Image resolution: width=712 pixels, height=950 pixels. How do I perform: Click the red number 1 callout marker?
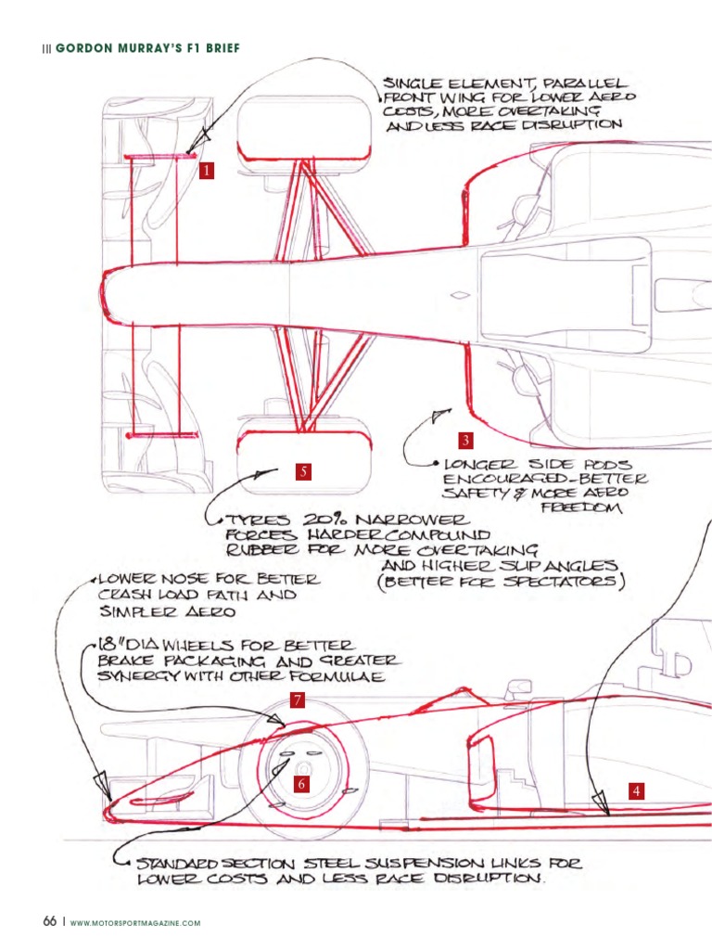tap(207, 171)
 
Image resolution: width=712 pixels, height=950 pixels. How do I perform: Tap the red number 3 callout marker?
tap(465, 440)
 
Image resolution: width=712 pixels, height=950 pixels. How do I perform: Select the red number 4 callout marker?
tap(636, 790)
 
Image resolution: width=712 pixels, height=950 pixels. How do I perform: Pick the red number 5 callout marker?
tap(303, 471)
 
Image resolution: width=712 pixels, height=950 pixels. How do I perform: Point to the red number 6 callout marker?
tap(301, 783)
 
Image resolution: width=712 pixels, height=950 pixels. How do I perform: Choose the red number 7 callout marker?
tap(297, 700)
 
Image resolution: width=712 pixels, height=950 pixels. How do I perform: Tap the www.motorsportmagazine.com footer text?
tap(135, 923)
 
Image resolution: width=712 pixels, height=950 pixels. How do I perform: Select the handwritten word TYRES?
tap(258, 520)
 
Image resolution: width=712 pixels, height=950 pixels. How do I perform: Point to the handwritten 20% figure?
tap(324, 520)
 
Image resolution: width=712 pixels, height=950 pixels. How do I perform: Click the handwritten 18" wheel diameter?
tap(109, 645)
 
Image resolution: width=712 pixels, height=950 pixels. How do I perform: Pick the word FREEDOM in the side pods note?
tap(581, 507)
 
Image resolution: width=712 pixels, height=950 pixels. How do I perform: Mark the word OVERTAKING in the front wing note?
tap(549, 111)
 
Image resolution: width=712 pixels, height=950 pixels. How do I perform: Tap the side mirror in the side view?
tap(519, 687)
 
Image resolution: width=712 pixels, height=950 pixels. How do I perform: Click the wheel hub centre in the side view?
tap(302, 769)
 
